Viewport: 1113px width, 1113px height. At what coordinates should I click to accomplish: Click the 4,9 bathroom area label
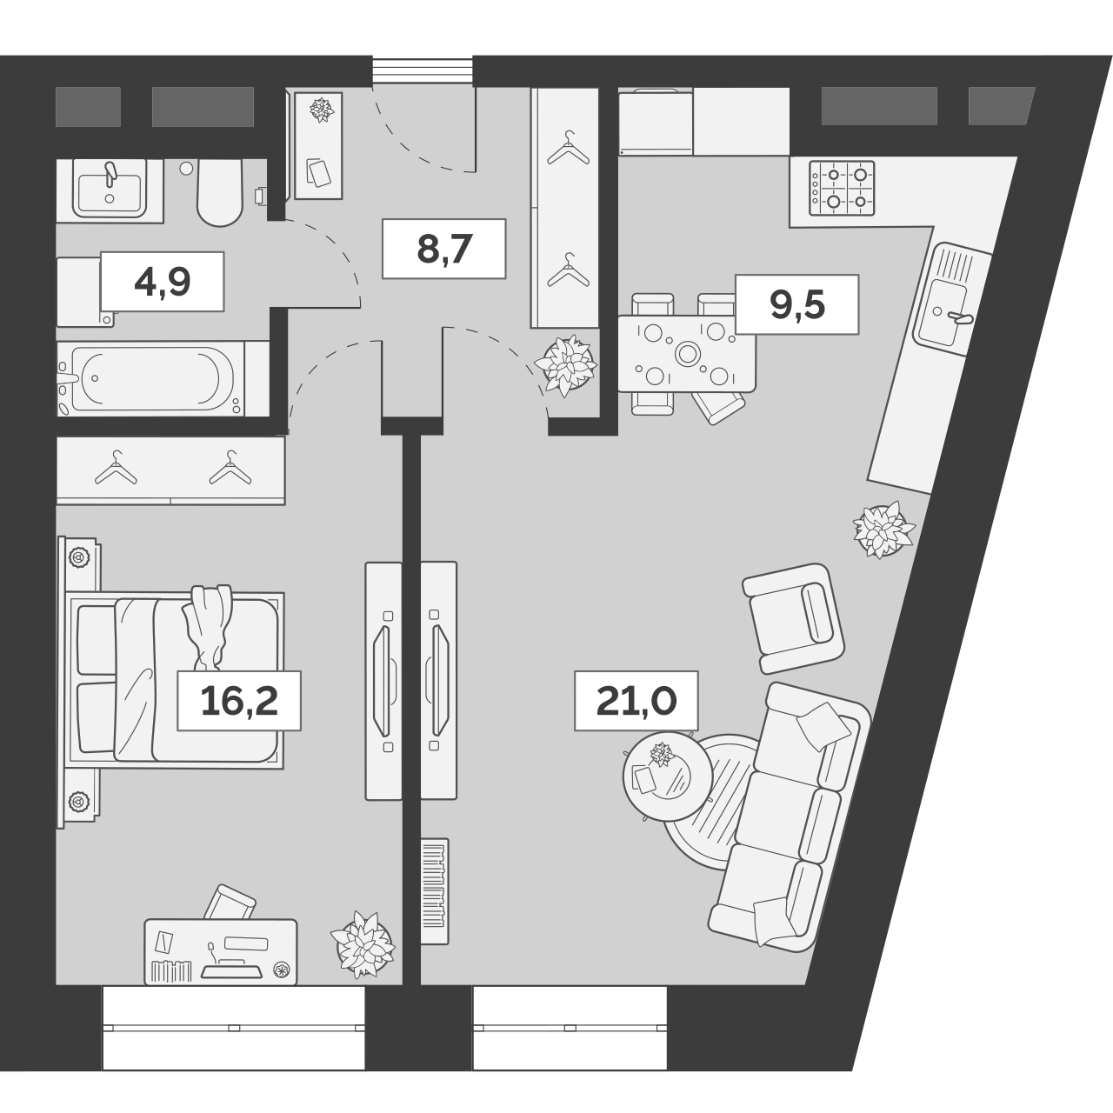click(x=162, y=282)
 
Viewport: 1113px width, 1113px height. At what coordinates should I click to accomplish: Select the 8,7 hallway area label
click(x=443, y=249)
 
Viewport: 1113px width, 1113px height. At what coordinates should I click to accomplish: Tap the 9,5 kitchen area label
click(x=796, y=304)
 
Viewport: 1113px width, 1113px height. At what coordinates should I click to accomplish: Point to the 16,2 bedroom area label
click(x=239, y=701)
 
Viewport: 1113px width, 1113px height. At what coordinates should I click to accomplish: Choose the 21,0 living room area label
click(x=636, y=701)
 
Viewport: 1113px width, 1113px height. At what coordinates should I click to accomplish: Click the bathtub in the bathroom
click(x=152, y=379)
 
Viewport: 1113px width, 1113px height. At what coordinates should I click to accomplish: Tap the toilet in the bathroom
click(x=219, y=193)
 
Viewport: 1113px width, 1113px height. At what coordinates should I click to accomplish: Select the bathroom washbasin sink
click(x=110, y=190)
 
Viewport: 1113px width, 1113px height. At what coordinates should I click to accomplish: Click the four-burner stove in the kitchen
click(x=842, y=188)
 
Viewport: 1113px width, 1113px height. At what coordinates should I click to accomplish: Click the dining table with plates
click(x=686, y=354)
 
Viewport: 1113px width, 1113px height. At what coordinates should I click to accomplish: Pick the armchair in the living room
click(x=793, y=617)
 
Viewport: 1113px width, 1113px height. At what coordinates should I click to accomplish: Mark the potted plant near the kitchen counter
click(x=883, y=529)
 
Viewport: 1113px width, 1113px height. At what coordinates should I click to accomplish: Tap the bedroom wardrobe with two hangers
click(x=170, y=470)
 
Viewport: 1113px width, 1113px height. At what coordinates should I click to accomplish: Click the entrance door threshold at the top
click(x=423, y=71)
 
